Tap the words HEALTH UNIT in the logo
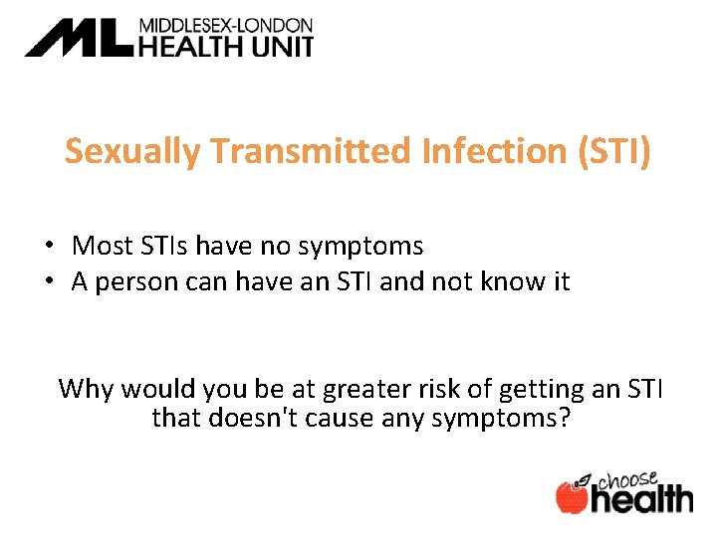coord(226,46)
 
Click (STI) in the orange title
coord(611,151)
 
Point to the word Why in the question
coord(85,388)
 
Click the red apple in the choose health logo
coord(573,496)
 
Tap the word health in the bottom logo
coord(642,496)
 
